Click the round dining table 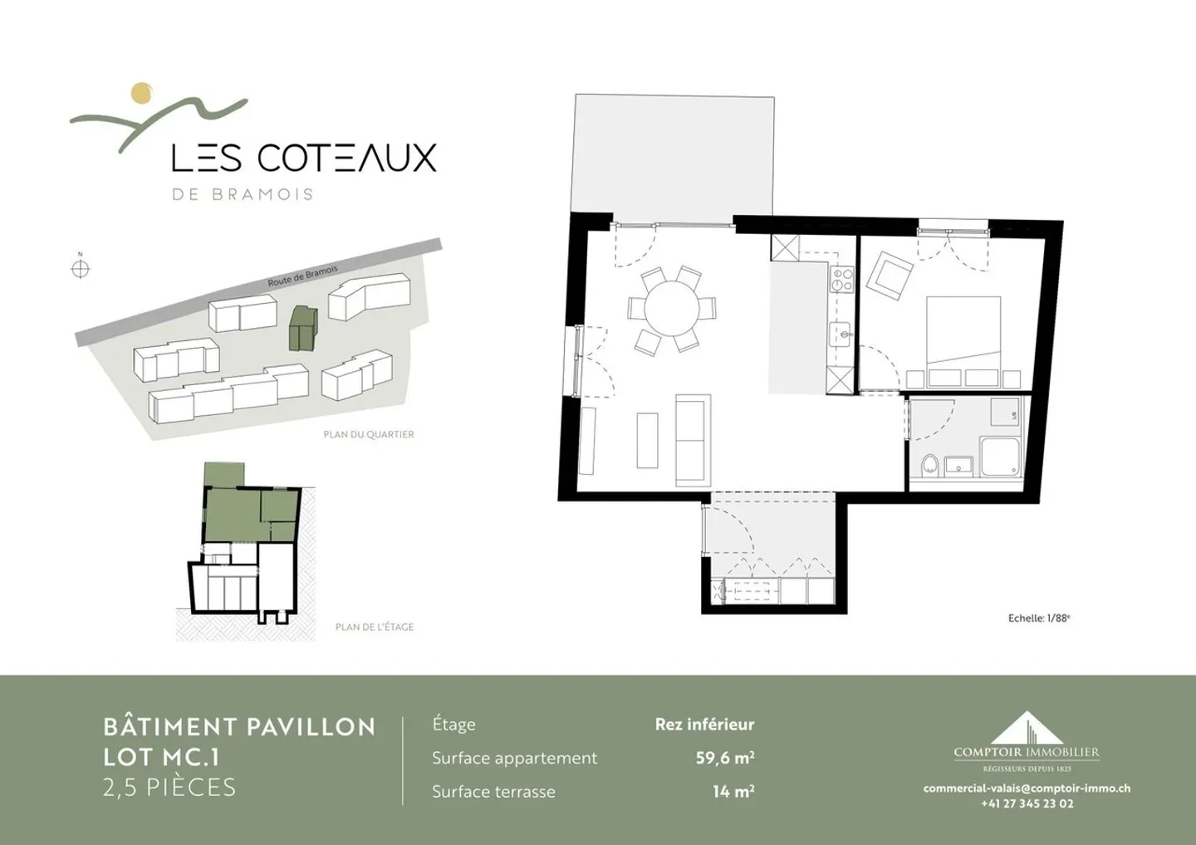coord(672,308)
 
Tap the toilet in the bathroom coord(930,465)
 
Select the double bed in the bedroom coord(963,341)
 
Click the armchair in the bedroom coord(889,276)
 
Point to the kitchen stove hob coord(842,280)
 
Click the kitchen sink coord(841,335)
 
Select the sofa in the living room coord(693,441)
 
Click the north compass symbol coord(81,268)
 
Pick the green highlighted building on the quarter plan coord(302,328)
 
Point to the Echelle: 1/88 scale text coord(1039,618)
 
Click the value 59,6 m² coord(724,758)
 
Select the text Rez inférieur coord(704,725)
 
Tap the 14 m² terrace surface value coord(733,792)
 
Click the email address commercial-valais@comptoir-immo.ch coord(1027,788)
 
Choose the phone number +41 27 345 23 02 coord(1027,804)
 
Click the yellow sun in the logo coord(142,93)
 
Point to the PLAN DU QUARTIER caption coord(369,434)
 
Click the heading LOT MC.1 coord(161,758)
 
